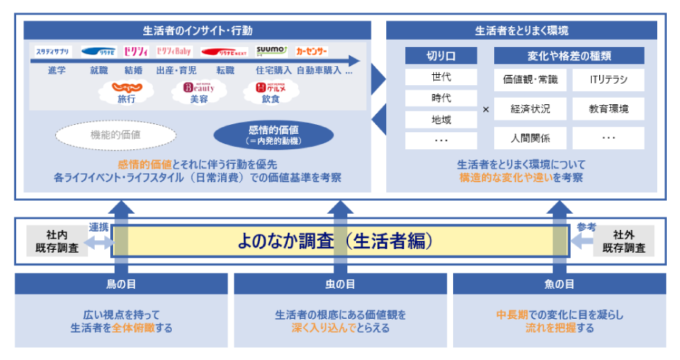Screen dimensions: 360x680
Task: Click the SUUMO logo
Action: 272,51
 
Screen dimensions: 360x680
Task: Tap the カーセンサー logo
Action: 312,51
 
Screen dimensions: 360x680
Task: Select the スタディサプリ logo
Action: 52,51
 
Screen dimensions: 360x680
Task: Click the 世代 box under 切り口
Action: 441,77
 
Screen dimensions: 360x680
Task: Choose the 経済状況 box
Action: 530,109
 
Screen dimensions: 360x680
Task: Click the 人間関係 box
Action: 530,137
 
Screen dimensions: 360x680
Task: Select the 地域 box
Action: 441,118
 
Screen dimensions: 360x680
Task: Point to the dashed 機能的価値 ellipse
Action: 116,135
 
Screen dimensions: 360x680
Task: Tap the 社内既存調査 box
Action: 57,241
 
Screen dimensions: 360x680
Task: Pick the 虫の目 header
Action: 340,284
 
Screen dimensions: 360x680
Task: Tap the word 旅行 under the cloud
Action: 127,98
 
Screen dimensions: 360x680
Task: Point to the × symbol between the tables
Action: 485,109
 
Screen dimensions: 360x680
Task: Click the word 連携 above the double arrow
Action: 98,226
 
